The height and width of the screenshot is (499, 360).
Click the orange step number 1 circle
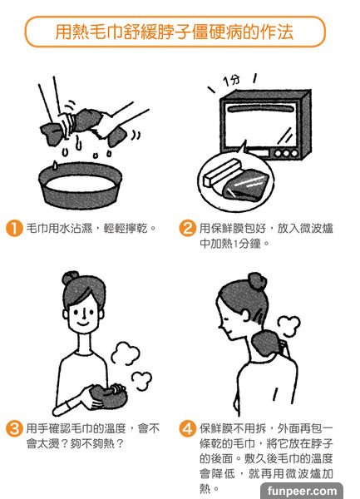pos(14,228)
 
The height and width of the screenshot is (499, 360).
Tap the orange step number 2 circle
pos(187,228)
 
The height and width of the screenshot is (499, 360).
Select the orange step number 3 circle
pos(14,428)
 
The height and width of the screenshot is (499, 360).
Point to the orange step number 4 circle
pos(187,428)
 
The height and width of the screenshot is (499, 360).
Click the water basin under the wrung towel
pos(81,185)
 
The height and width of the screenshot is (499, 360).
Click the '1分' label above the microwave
pos(231,80)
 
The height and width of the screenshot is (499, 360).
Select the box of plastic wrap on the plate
pos(221,172)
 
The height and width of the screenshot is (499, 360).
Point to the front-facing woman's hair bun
pos(70,278)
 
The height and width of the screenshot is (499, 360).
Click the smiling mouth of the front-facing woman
pos(82,324)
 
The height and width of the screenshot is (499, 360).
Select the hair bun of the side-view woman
pos(257,282)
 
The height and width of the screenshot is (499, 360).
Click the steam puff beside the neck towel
pos(288,325)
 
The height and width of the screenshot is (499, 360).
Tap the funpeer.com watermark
pos(302,491)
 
